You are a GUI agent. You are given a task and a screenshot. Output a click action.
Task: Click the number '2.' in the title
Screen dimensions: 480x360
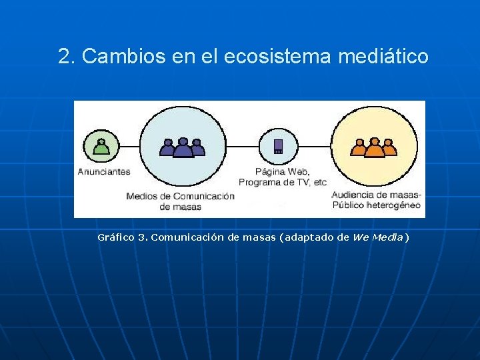(67, 57)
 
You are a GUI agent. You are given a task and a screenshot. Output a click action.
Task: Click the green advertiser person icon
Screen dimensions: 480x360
(101, 147)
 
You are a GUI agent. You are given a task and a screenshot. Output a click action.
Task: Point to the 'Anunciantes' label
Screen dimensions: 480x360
(104, 171)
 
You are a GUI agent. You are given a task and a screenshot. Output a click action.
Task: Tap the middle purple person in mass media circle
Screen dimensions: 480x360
(183, 147)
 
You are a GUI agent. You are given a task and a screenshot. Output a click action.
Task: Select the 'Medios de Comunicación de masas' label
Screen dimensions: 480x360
(180, 201)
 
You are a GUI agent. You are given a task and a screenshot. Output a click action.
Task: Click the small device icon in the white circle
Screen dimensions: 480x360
(278, 147)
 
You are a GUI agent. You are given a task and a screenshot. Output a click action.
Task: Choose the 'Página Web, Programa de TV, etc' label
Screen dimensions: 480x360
(283, 177)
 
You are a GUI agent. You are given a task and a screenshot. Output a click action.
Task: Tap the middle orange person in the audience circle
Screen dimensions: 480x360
(375, 147)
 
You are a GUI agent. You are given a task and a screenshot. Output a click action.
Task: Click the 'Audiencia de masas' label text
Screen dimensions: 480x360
(377, 195)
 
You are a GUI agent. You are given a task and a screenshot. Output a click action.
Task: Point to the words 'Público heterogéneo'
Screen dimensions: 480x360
(377, 205)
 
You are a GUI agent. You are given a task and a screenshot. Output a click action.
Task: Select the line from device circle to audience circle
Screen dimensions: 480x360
(313, 147)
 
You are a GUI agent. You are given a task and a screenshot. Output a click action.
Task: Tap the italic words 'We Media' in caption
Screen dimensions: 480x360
(378, 237)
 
